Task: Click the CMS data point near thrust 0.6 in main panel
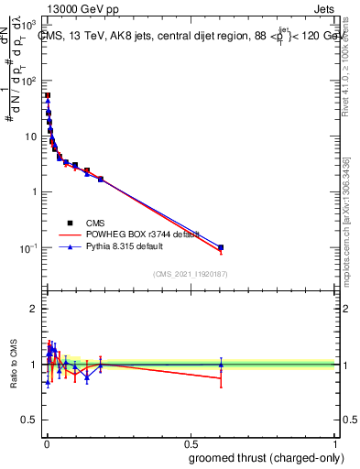pyautogui.click(x=221, y=247)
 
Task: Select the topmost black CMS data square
pyautogui.click(x=48, y=95)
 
